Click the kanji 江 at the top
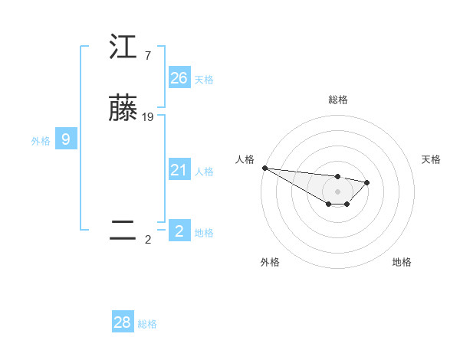click(x=123, y=47)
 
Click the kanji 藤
click(x=123, y=109)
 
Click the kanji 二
click(x=123, y=231)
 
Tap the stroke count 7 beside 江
click(x=147, y=56)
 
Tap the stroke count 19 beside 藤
click(x=148, y=117)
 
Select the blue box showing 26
click(x=179, y=78)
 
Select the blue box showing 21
click(x=179, y=170)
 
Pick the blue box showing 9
click(x=66, y=139)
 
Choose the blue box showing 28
click(x=123, y=322)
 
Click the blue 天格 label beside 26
click(x=204, y=80)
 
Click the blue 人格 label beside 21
click(x=204, y=172)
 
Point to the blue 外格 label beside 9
click(x=41, y=141)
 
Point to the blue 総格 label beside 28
click(x=147, y=324)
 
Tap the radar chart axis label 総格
click(x=337, y=100)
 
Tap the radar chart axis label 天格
click(x=431, y=159)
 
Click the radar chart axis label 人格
click(x=244, y=159)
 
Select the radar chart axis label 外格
click(x=270, y=262)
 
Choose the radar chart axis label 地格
click(x=402, y=262)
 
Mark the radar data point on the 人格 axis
click(x=264, y=168)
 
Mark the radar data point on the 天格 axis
click(x=367, y=182)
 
